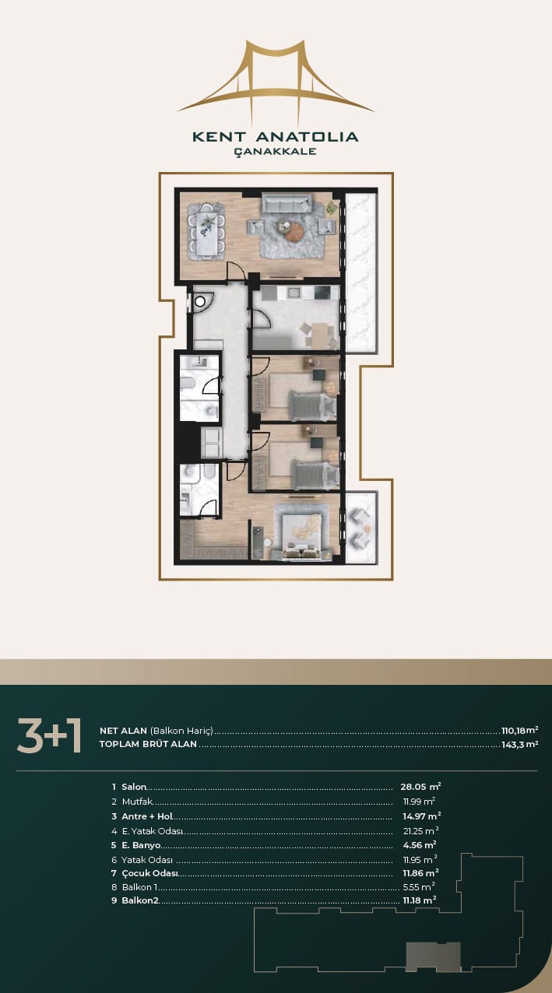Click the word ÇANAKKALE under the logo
coord(276,151)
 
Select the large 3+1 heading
coord(49,736)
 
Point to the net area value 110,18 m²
coord(519,730)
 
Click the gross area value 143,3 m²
coord(519,744)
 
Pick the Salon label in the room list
coord(134,787)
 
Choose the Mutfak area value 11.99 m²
coord(419,801)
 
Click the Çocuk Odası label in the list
coord(149,873)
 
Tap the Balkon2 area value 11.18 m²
coord(419,900)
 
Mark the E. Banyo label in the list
coord(141,845)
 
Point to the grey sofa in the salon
coord(286,202)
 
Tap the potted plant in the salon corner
coord(332,206)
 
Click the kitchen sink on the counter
coord(293,293)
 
